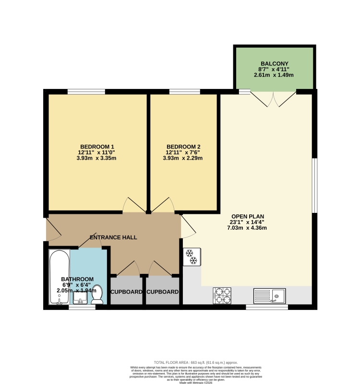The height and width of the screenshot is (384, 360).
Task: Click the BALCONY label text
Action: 274,63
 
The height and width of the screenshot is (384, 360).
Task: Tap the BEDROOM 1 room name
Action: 97,147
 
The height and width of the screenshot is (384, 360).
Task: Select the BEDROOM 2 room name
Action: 183,147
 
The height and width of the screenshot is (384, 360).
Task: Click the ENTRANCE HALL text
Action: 114,237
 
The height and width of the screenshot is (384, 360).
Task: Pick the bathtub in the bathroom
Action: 60,277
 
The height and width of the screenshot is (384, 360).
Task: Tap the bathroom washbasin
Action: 80,298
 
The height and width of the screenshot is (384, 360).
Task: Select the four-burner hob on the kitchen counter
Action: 222,295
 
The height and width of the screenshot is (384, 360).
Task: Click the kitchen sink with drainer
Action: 270,295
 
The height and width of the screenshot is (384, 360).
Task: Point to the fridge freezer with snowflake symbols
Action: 192,257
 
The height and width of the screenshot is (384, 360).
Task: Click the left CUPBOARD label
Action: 127,292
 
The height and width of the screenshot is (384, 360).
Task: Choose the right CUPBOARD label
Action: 163,292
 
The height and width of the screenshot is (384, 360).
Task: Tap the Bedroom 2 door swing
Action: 163,205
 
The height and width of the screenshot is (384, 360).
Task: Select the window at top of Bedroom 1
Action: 86,91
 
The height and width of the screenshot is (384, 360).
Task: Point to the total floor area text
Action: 195,362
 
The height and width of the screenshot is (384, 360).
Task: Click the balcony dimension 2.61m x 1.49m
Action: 274,75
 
